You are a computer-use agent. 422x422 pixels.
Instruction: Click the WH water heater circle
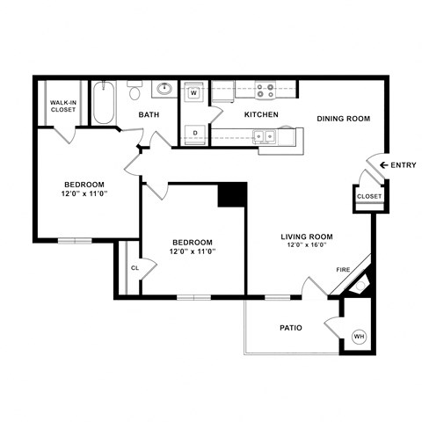click(359, 335)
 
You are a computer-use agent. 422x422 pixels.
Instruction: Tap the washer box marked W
click(194, 92)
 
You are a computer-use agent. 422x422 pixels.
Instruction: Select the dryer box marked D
click(194, 133)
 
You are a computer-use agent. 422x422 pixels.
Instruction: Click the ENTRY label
click(404, 165)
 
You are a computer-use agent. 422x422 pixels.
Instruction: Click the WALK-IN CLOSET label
click(62, 107)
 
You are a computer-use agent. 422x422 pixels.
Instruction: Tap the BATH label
click(148, 114)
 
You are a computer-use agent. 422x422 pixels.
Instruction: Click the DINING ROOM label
click(343, 119)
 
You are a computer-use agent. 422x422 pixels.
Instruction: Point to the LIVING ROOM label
click(306, 236)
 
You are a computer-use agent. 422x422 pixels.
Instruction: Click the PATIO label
click(290, 328)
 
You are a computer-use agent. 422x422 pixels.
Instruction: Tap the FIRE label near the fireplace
click(343, 270)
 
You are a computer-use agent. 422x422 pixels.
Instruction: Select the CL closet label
click(135, 268)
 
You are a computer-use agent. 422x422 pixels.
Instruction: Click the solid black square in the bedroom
click(232, 194)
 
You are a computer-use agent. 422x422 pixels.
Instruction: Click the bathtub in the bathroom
click(102, 104)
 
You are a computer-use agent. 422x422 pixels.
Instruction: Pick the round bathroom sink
click(164, 89)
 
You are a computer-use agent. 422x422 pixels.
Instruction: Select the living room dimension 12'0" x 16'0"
click(306, 244)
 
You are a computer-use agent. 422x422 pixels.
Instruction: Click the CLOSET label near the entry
click(369, 196)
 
